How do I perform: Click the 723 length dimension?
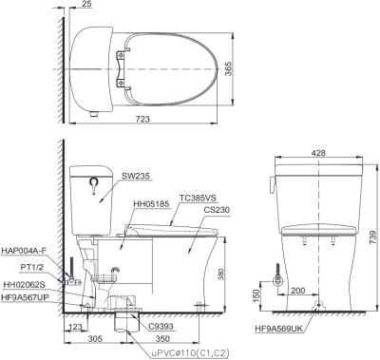coord(142,119)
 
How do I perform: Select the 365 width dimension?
coord(228,68)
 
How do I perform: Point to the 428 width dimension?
coord(318,153)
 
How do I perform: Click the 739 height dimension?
coord(373,237)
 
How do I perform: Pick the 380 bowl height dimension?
coord(220,275)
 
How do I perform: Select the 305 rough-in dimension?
coord(95,339)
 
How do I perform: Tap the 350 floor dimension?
coord(162,339)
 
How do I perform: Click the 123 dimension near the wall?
coord(75,327)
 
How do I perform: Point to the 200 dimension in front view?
coord(297,291)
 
